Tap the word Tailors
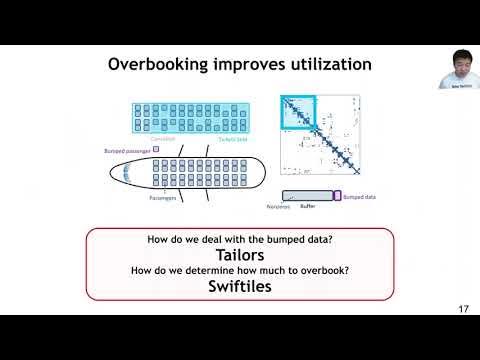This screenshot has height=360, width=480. tap(240, 255)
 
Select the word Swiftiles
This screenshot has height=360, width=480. tap(240, 287)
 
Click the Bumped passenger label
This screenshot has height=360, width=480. tap(125, 151)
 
